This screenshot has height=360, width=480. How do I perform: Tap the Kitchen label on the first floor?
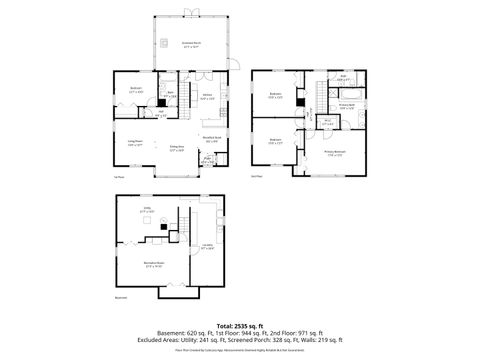click(x=208, y=97)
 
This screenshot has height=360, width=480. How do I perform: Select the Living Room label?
click(x=136, y=145)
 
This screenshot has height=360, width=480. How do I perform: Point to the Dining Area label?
click(x=176, y=149)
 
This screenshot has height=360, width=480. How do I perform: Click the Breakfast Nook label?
click(x=211, y=140)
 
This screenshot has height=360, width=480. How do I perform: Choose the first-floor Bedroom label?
click(x=136, y=90)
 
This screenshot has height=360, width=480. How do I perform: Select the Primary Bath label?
click(x=346, y=106)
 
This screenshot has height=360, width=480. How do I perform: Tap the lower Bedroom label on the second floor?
click(x=275, y=141)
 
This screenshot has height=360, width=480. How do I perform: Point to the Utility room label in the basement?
click(x=146, y=211)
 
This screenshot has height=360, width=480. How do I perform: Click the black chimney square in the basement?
click(x=164, y=227)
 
